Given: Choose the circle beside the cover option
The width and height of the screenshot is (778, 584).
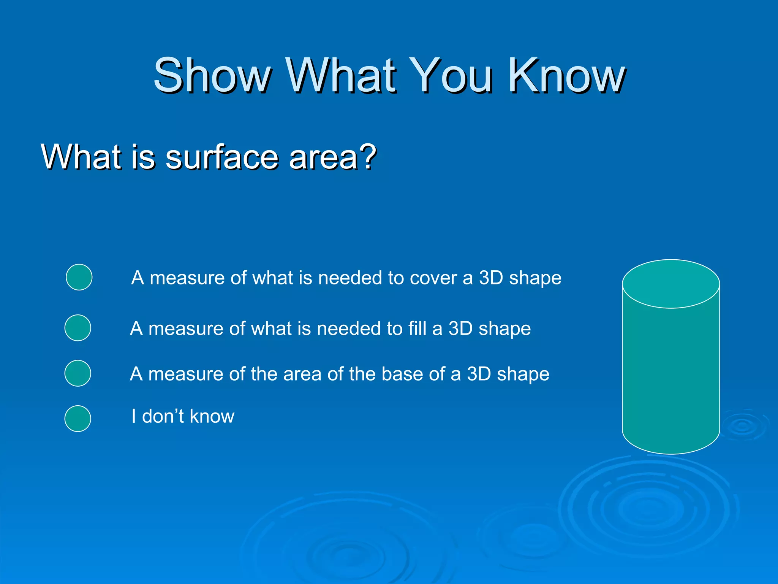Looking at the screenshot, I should click(79, 277).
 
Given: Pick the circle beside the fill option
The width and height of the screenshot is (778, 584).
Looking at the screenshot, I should click(78, 328).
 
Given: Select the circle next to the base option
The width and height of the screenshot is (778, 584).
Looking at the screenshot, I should click(78, 373).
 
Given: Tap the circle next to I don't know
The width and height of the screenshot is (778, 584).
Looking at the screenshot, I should click(78, 419).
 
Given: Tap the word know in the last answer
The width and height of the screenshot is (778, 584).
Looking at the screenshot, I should click(212, 416).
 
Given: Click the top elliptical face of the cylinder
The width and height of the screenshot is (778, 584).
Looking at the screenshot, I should click(671, 284).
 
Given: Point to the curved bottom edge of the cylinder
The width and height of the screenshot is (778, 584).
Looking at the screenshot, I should click(671, 453).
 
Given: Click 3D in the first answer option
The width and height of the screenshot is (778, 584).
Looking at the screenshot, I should click(491, 278).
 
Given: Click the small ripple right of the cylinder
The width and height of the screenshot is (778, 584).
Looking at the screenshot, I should click(743, 426).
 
